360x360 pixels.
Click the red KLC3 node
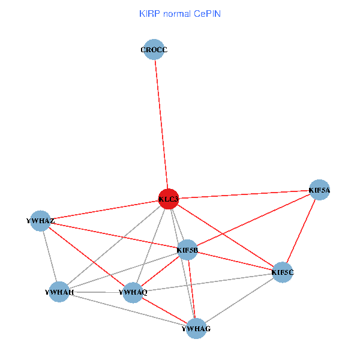(x=169, y=199)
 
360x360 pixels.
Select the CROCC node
(x=155, y=50)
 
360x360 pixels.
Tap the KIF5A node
(x=319, y=190)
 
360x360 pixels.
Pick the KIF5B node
(x=188, y=250)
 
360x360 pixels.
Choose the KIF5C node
(x=283, y=272)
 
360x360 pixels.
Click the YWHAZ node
(x=40, y=221)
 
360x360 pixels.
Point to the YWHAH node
(x=59, y=292)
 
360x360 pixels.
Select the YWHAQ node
(x=133, y=292)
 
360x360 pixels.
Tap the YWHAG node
(x=196, y=329)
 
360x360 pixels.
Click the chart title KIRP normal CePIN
(x=180, y=13)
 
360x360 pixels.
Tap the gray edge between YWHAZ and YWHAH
(x=50, y=257)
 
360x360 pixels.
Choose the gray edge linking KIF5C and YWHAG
(x=239, y=301)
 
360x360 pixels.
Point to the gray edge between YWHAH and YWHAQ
(x=96, y=292)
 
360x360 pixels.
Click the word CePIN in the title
(x=207, y=13)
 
